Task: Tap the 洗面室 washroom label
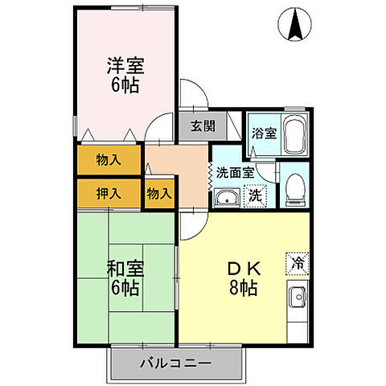[235, 172]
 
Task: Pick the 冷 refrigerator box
[295, 261]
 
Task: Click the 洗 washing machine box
[254, 194]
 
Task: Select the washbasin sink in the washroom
[227, 197]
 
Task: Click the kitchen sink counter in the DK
[298, 310]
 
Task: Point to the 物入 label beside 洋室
[109, 159]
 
